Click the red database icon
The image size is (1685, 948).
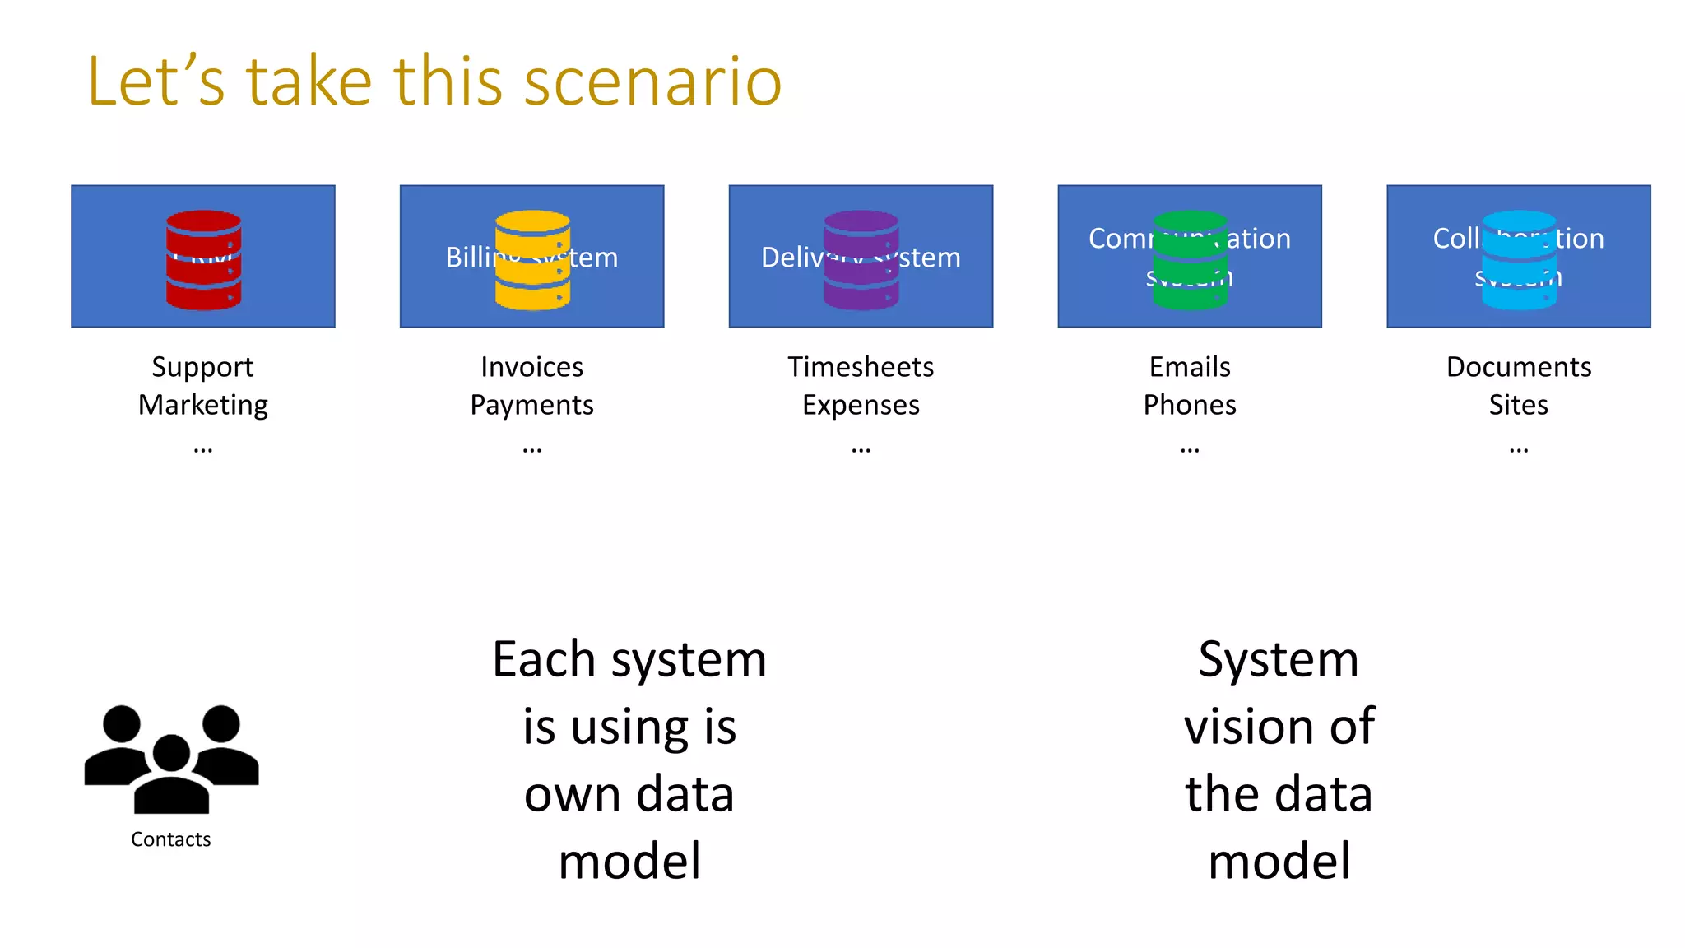tap(203, 260)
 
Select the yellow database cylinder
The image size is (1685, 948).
tap(532, 260)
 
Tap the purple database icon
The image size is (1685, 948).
tap(861, 260)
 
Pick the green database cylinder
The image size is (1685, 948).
tap(1190, 260)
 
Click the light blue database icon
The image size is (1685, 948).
tap(1519, 260)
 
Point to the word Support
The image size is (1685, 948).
tap(202, 367)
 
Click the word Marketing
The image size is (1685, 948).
tap(202, 405)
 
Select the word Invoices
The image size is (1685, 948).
tap(531, 367)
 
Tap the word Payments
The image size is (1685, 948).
tap(531, 405)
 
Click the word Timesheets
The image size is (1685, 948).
tap(861, 367)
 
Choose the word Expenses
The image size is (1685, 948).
tap(861, 405)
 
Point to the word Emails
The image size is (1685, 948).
tap(1190, 367)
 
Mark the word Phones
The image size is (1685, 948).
tap(1190, 405)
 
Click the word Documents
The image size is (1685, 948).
tap(1519, 367)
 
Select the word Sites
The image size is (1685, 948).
tap(1519, 405)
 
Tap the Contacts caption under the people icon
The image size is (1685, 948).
tap(170, 839)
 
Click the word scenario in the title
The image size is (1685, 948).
tap(652, 81)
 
